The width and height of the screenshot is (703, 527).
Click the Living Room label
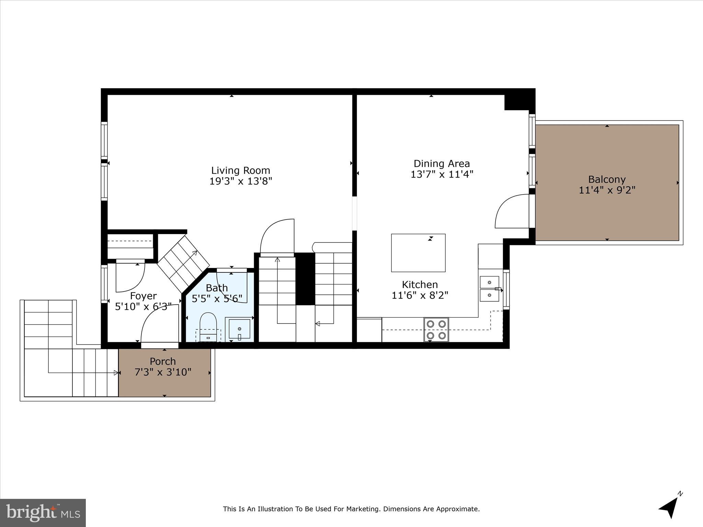click(x=240, y=171)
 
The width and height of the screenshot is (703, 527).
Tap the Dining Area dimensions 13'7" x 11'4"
click(x=442, y=174)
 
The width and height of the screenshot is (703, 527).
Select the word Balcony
click(x=607, y=179)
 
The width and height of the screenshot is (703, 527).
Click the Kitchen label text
click(x=420, y=284)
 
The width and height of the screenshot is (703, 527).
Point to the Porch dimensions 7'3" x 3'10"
click(x=163, y=372)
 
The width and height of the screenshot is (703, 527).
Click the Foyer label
click(x=143, y=296)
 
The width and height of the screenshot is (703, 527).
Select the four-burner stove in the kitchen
click(x=436, y=330)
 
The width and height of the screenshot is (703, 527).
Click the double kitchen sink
click(x=489, y=289)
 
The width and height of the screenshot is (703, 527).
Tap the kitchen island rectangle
click(x=418, y=253)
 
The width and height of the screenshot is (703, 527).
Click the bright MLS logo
click(x=43, y=513)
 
